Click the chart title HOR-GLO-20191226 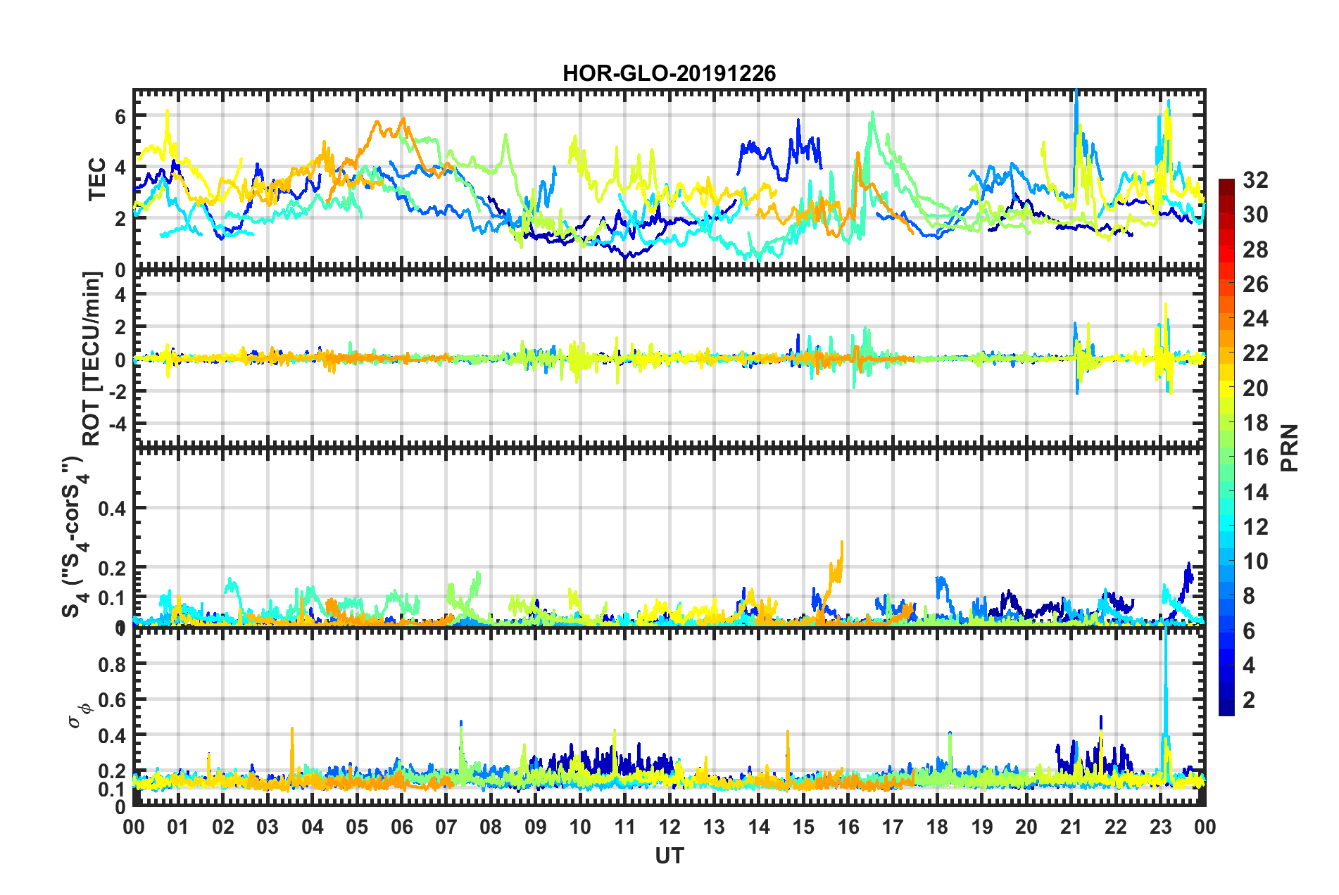tap(669, 73)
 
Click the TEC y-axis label tap(97, 179)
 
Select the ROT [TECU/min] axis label tap(92, 359)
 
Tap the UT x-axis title tap(669, 856)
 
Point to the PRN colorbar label tap(1290, 447)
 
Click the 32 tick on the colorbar tap(1255, 180)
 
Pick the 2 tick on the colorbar tap(1250, 699)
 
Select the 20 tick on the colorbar tap(1255, 388)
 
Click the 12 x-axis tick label tap(669, 827)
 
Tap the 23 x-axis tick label tap(1160, 827)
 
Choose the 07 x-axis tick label tap(446, 827)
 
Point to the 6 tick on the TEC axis tap(120, 116)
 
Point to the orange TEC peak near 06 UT tap(403, 119)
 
